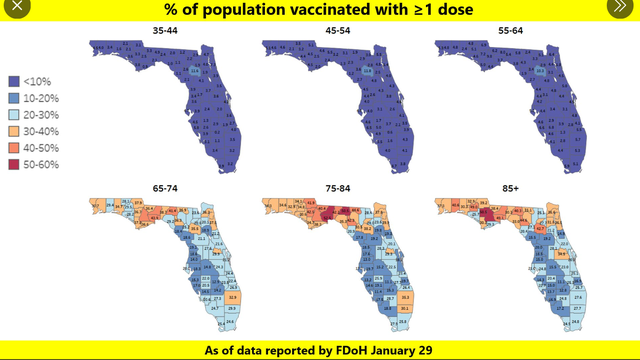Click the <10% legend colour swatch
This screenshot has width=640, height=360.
pos(14,82)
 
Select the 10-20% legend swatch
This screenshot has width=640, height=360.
pos(14,98)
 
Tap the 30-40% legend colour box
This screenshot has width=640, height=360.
pos(14,130)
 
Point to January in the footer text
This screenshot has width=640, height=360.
pos(390,350)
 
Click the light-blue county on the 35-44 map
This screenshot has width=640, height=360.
pos(195,71)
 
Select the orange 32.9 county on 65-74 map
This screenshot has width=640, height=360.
pos(233,297)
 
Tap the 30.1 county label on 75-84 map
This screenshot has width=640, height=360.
pos(405,310)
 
